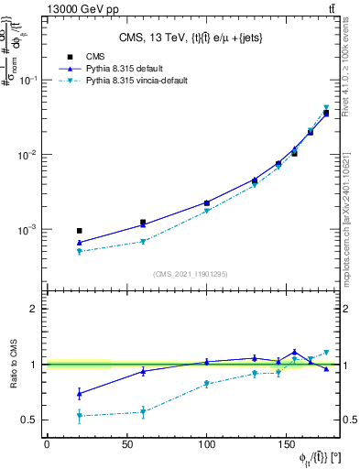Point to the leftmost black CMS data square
click(x=79, y=231)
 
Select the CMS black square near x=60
click(x=143, y=223)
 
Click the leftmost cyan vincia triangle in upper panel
click(x=79, y=251)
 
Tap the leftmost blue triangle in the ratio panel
click(x=79, y=394)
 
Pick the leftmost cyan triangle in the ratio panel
click(x=79, y=416)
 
